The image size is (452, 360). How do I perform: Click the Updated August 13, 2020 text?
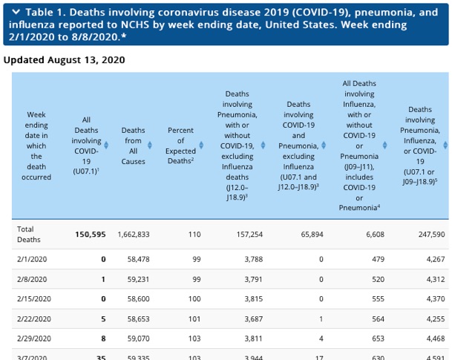[64, 59]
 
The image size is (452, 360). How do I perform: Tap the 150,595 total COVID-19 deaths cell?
[91, 235]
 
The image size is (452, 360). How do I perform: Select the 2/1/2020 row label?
[32, 259]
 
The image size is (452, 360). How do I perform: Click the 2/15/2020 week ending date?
[34, 299]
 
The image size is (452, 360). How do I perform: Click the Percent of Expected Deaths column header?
[180, 145]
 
